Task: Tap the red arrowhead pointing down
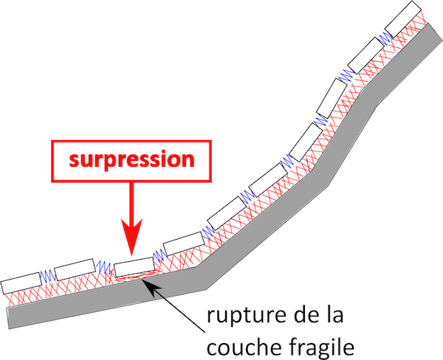(x=131, y=240)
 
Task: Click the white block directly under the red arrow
(x=133, y=266)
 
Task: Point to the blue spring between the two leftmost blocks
(x=47, y=276)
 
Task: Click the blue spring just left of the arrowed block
(x=103, y=266)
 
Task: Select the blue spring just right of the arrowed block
(x=157, y=255)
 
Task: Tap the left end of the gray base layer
(x=10, y=317)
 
